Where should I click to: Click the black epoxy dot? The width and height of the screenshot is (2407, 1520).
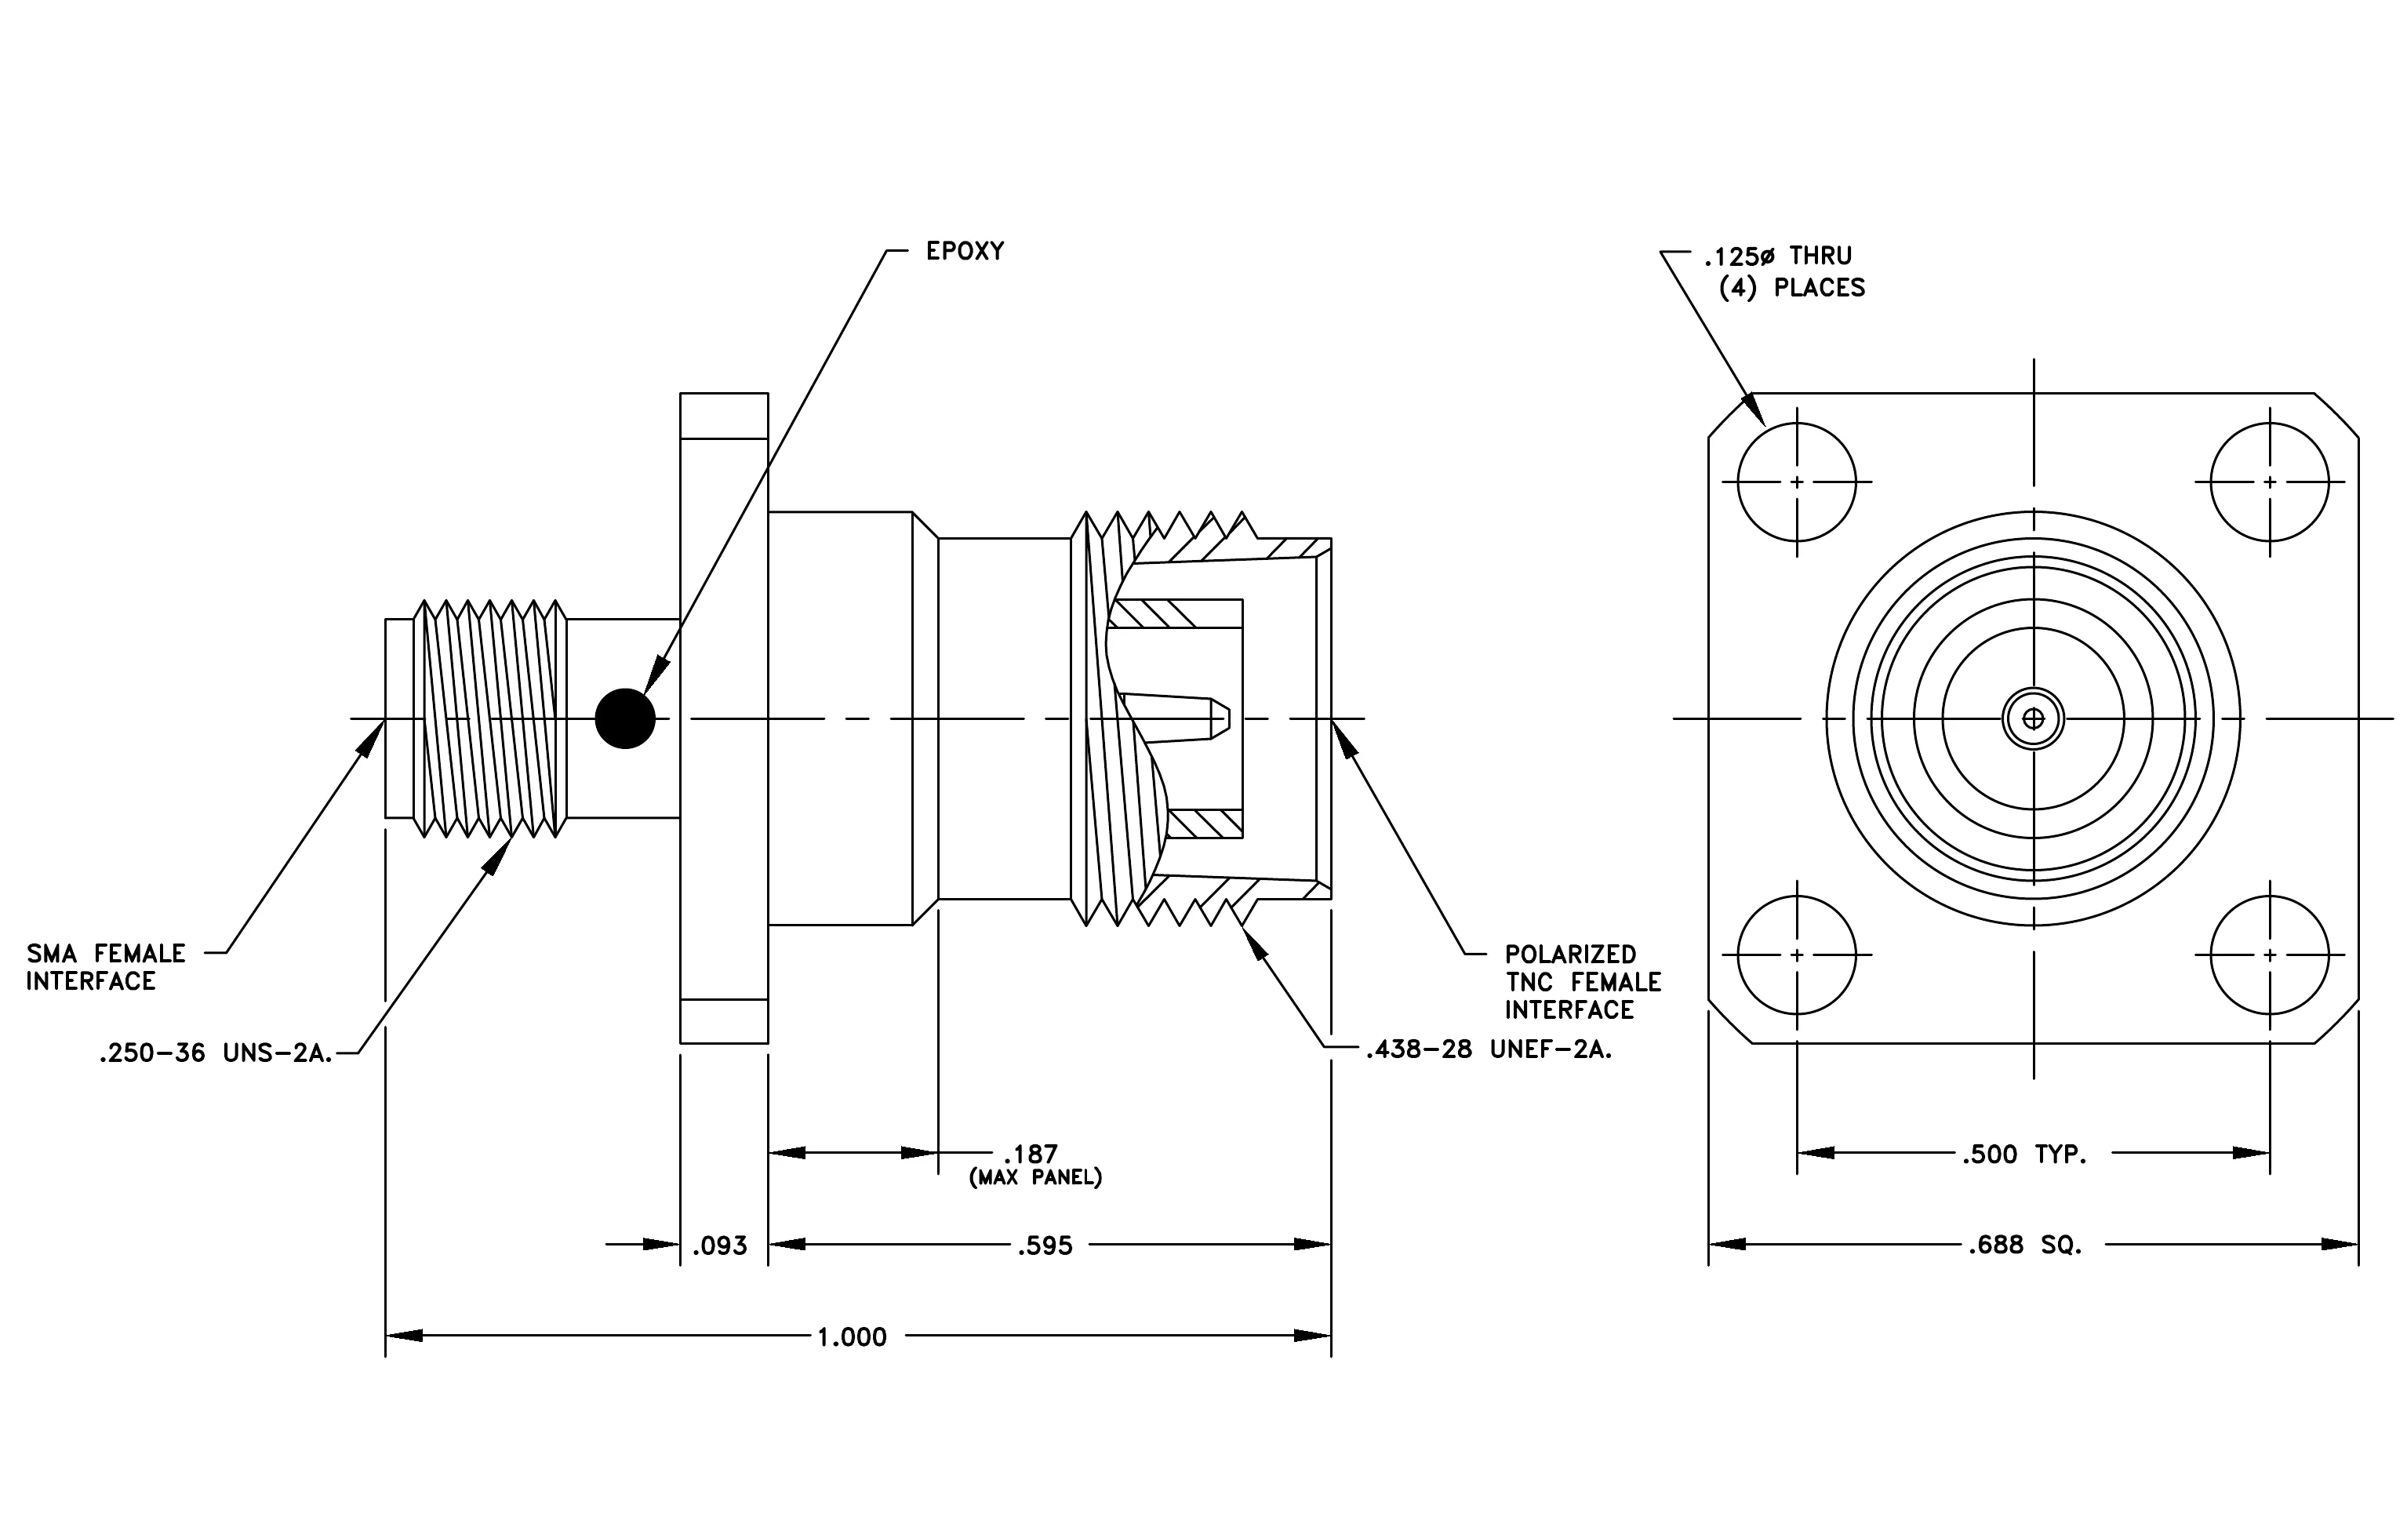625,718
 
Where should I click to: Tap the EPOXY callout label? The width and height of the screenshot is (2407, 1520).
965,251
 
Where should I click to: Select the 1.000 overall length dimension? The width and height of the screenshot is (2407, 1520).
852,1337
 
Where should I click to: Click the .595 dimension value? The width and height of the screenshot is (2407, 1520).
1045,1246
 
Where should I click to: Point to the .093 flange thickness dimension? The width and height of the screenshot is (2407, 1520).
720,1246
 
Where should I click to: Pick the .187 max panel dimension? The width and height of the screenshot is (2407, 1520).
1031,1155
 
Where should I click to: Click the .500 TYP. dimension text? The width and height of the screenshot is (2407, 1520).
2024,1155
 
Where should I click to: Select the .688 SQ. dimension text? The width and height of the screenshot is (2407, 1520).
2025,1245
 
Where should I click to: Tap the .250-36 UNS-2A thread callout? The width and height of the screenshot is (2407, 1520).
216,1053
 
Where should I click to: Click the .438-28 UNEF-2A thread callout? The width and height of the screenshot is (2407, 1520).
1489,1049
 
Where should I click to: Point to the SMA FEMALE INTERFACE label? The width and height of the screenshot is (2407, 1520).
106,967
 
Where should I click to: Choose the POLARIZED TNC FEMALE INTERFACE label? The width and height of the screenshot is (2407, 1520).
1583,983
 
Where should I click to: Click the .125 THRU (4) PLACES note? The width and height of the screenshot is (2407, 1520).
1784,272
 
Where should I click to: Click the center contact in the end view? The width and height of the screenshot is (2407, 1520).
2033,718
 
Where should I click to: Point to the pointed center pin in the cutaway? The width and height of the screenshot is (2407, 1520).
1176,718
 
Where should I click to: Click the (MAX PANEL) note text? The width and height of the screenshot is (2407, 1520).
1035,1178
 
